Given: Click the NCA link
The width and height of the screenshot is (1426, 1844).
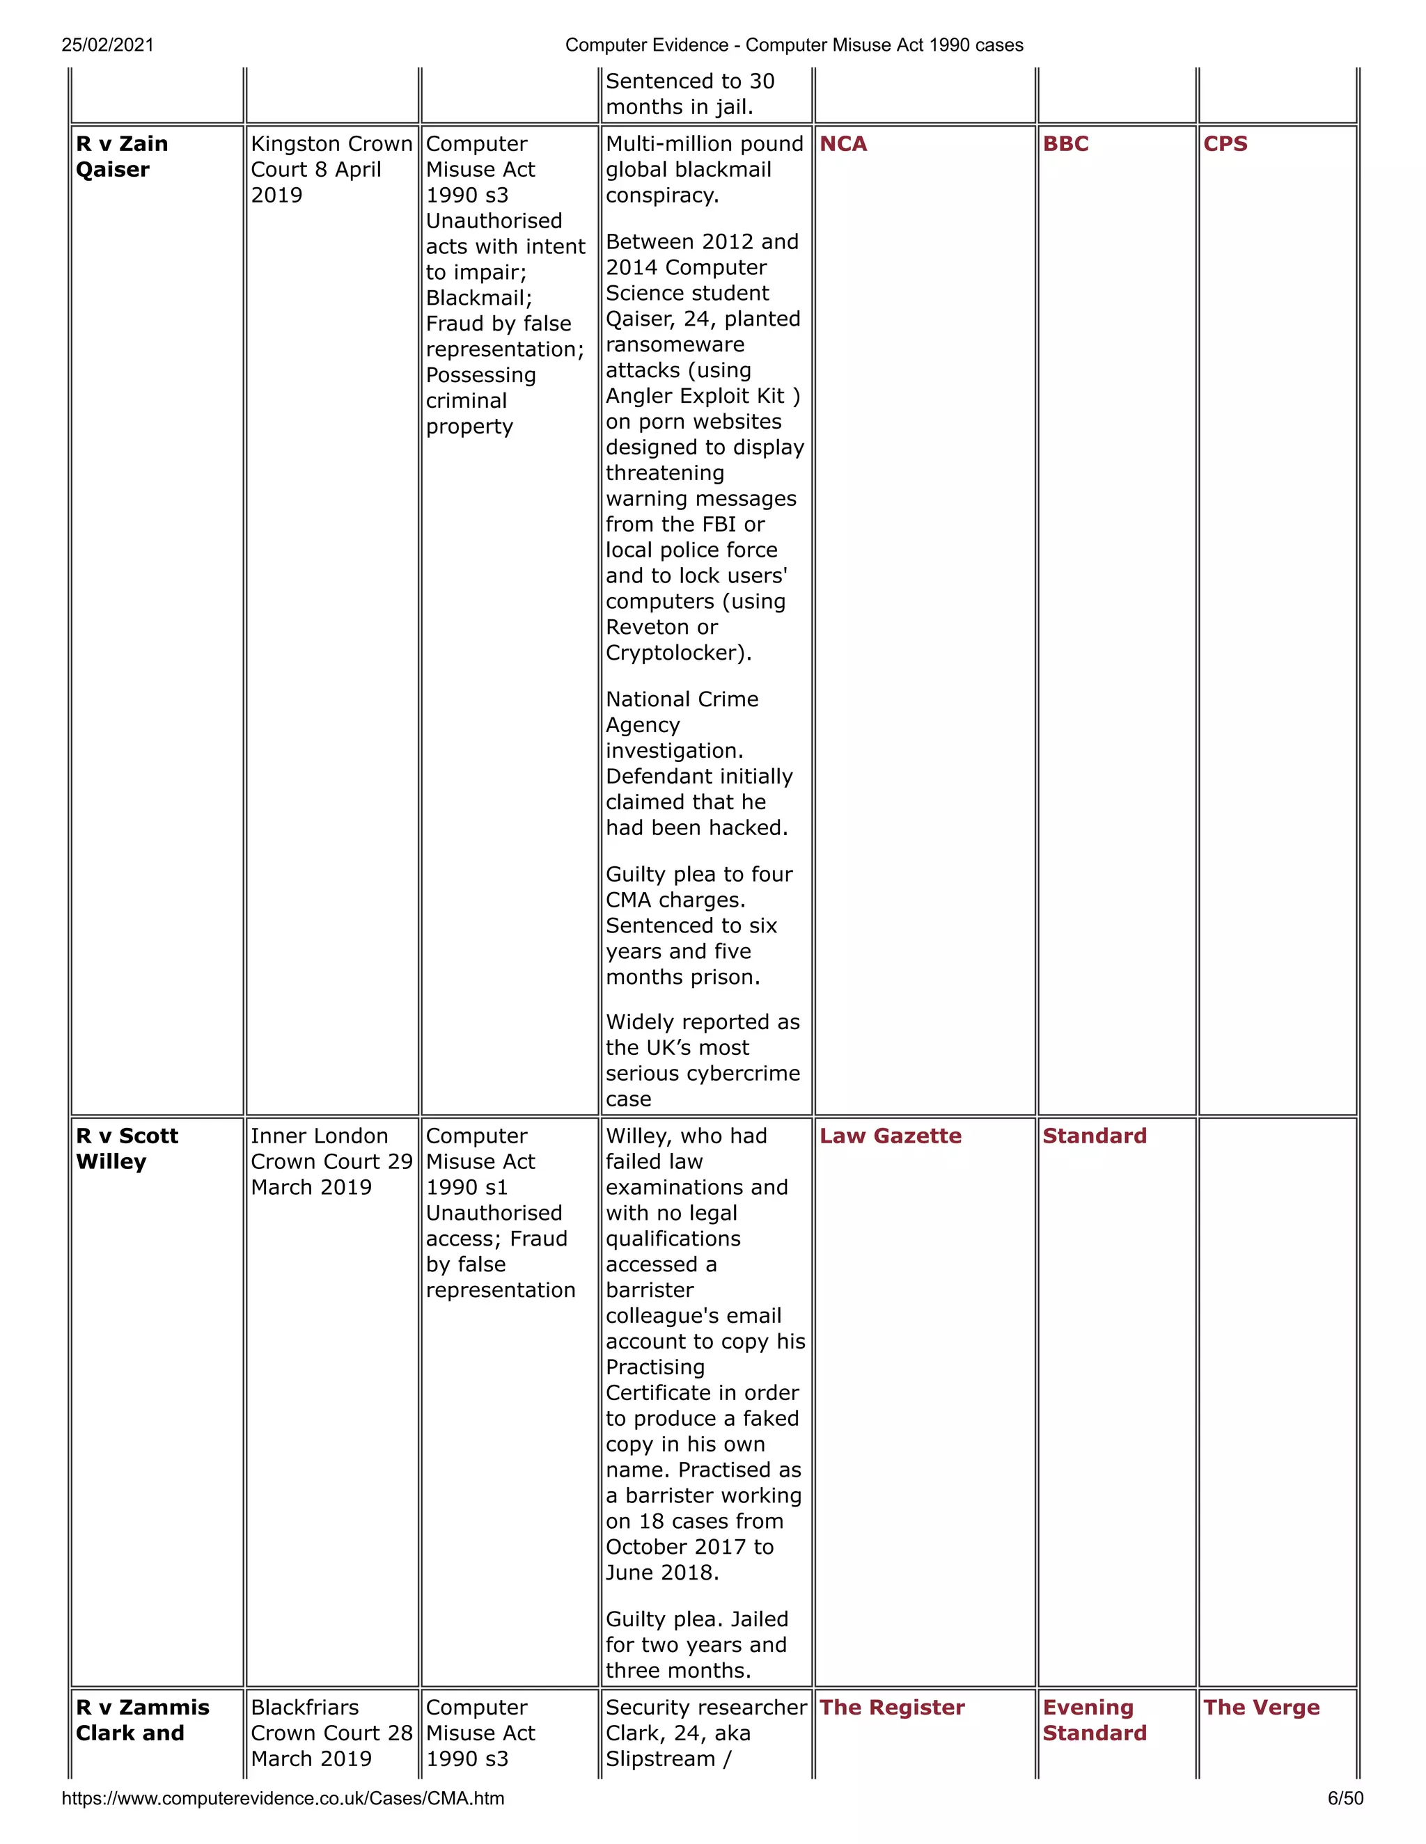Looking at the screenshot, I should pyautogui.click(x=843, y=144).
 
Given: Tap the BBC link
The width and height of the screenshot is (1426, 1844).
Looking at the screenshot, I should pyautogui.click(x=1065, y=144).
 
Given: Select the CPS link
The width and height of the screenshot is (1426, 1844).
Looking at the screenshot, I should pyautogui.click(x=1225, y=144).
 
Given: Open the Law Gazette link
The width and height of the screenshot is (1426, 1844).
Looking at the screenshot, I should pyautogui.click(x=891, y=1136).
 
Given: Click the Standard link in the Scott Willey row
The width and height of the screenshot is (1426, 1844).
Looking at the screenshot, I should pyautogui.click(x=1094, y=1136).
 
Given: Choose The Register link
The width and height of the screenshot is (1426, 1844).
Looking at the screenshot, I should pyautogui.click(x=892, y=1707).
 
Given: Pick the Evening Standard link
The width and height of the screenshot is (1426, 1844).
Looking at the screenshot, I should pyautogui.click(x=1094, y=1720).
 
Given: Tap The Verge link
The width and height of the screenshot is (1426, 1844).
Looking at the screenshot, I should pyautogui.click(x=1261, y=1707).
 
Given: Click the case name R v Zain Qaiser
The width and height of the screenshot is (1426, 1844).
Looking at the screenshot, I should pyautogui.click(x=122, y=157).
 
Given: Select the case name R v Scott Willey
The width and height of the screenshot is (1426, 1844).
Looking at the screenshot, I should pyautogui.click(x=127, y=1149).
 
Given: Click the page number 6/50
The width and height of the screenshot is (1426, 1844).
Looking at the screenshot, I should pyautogui.click(x=1345, y=1798).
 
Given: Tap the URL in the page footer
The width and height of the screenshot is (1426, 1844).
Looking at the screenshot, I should pyautogui.click(x=283, y=1798).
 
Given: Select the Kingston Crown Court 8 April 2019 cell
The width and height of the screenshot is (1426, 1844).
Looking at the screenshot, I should pyautogui.click(x=331, y=170).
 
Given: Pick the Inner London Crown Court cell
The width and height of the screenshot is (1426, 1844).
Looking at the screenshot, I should pyautogui.click(x=331, y=1162).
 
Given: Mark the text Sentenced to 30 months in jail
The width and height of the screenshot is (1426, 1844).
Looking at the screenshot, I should pyautogui.click(x=689, y=95).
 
